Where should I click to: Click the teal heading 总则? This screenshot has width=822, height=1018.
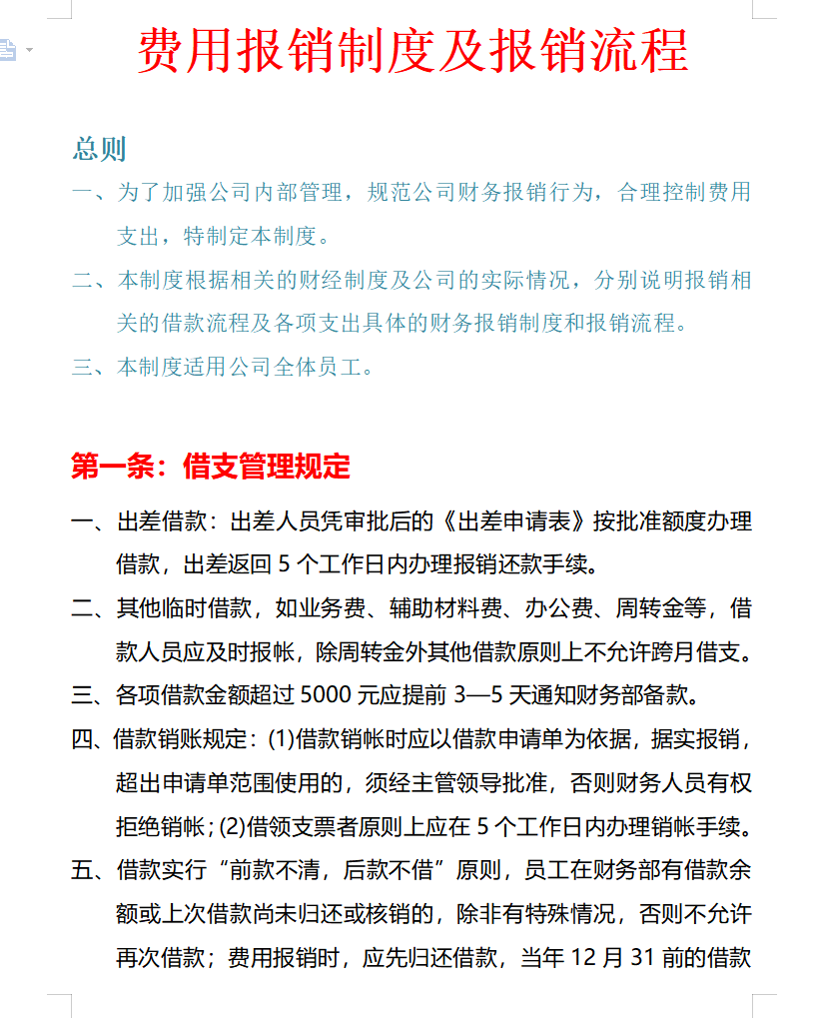[x=99, y=149]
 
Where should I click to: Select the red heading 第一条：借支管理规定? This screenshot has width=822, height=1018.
[x=211, y=466]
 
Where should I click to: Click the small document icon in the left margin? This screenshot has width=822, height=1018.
[x=9, y=48]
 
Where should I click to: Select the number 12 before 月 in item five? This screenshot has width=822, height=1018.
[x=583, y=958]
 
